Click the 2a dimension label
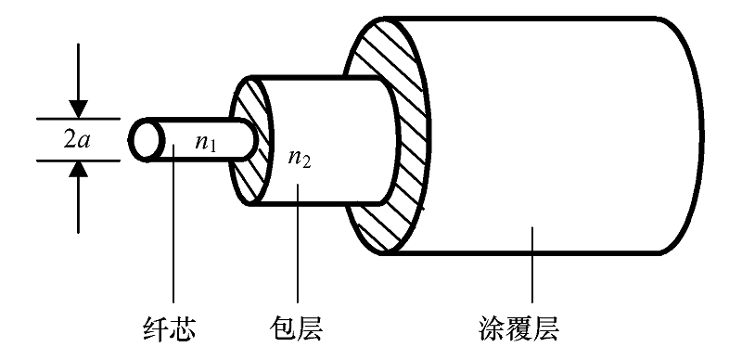(x=78, y=140)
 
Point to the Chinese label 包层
(x=299, y=328)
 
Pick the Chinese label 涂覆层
(x=532, y=328)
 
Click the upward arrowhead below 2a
(x=80, y=171)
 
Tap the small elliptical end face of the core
(x=145, y=140)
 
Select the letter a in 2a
(x=85, y=140)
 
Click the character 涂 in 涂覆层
(x=507, y=328)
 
